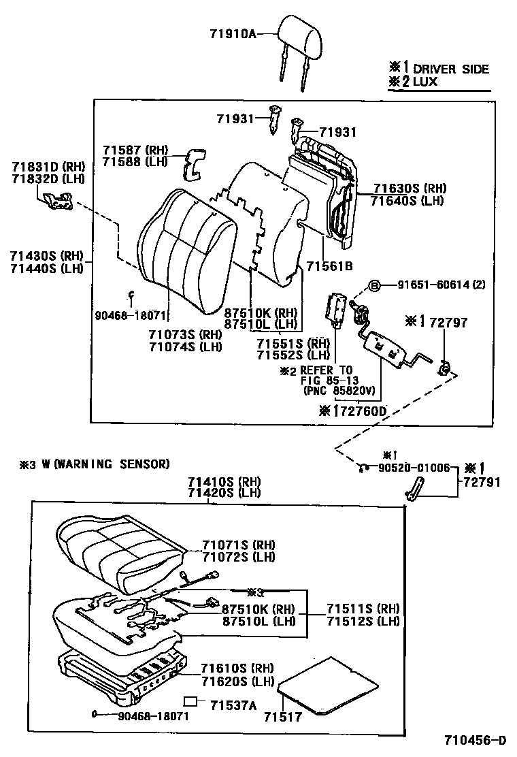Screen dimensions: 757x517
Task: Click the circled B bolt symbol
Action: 373,285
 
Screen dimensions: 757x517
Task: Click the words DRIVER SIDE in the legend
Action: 451,69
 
